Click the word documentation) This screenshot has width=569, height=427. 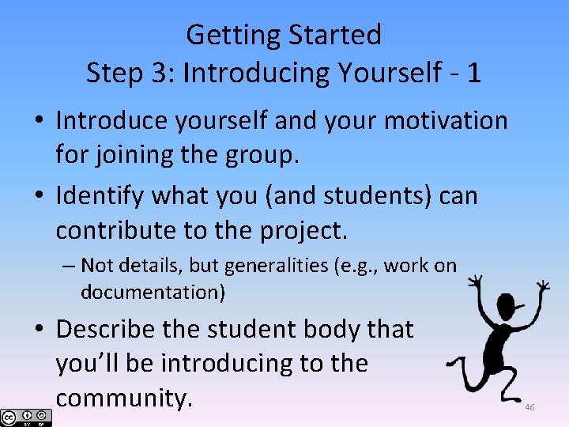pos(153,292)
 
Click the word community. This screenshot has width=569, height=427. pos(124,398)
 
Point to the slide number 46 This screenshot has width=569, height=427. pos(529,407)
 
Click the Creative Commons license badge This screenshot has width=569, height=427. pos(26,417)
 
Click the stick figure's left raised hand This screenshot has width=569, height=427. pos(474,281)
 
